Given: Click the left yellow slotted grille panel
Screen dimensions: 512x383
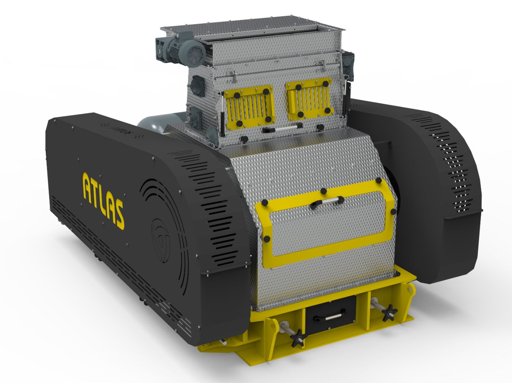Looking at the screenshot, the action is coord(249,106).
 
